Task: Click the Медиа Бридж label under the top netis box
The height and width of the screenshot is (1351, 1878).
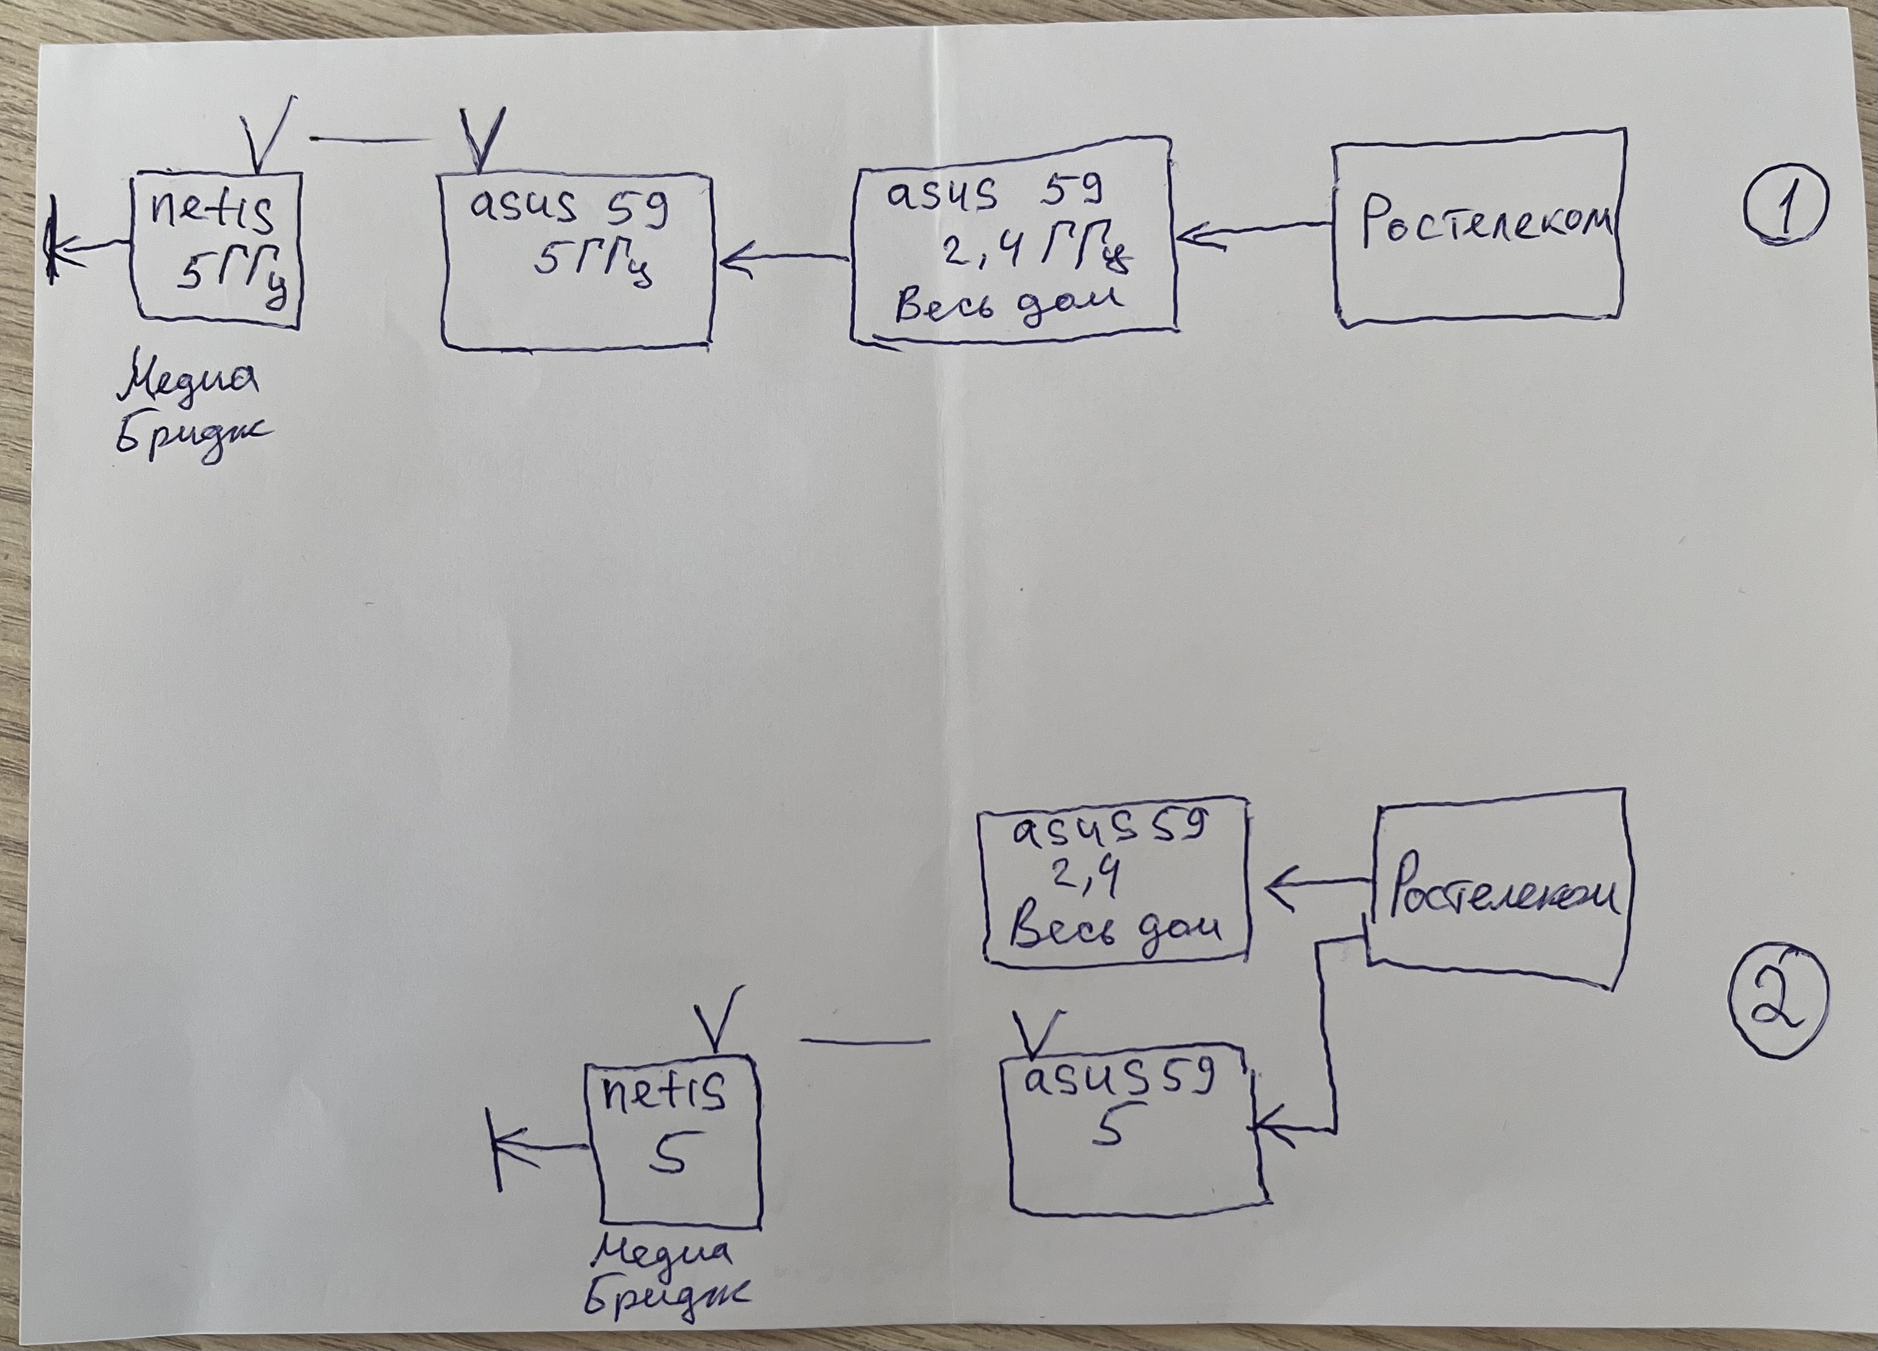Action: click(189, 412)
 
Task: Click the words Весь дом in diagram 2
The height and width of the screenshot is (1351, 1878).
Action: click(1115, 928)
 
